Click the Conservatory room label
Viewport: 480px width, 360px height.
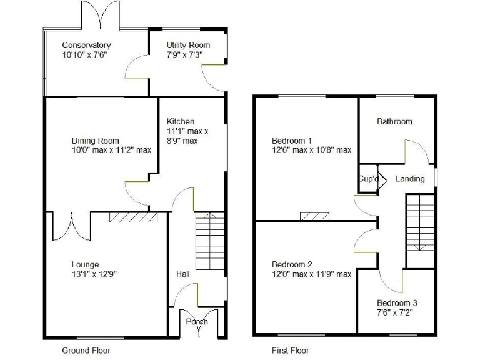click(x=86, y=45)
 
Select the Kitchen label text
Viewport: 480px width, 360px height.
click(x=180, y=121)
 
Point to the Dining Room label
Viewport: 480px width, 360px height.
click(x=95, y=141)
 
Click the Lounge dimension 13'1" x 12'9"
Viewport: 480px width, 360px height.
click(x=94, y=274)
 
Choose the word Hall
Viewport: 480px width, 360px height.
click(x=183, y=274)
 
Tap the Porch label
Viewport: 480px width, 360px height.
click(x=197, y=322)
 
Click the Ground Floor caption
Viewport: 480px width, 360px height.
click(x=86, y=351)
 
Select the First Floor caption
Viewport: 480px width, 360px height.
click(x=291, y=351)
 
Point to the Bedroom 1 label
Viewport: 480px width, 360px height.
click(x=292, y=140)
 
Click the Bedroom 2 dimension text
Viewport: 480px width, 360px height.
click(x=311, y=274)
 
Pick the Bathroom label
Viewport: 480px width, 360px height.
click(x=394, y=121)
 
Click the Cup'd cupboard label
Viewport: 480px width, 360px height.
click(x=368, y=179)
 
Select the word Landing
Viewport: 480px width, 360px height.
click(x=410, y=179)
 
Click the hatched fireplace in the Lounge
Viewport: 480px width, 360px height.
click(x=133, y=217)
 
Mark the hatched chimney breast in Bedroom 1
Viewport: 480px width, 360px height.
click(x=314, y=216)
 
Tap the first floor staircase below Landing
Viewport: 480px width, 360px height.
click(x=421, y=222)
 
